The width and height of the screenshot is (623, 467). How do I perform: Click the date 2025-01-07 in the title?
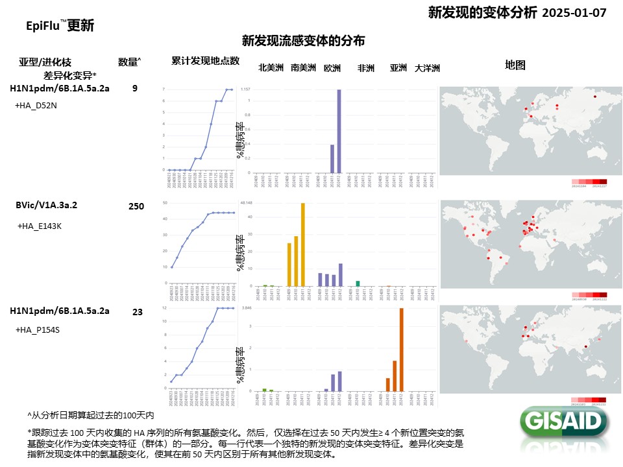(x=574, y=12)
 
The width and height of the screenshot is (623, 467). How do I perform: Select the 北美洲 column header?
(x=271, y=67)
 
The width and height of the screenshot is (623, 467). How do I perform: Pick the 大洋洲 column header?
(x=427, y=68)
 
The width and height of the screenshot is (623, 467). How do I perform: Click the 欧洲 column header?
(x=332, y=67)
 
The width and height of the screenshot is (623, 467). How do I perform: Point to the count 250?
(x=136, y=206)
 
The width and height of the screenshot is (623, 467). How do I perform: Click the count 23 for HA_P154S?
(x=137, y=312)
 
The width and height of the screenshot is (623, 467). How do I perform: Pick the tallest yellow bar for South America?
(x=302, y=245)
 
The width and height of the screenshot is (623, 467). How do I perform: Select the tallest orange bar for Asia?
(x=401, y=348)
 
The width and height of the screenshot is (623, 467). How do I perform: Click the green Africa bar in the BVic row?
(x=358, y=283)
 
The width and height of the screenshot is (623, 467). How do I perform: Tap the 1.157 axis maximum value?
(x=245, y=89)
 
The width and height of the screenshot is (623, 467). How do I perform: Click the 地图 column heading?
(x=515, y=65)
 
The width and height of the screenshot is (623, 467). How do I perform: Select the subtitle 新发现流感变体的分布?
(x=303, y=41)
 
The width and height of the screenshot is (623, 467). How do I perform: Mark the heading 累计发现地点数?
(x=205, y=61)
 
